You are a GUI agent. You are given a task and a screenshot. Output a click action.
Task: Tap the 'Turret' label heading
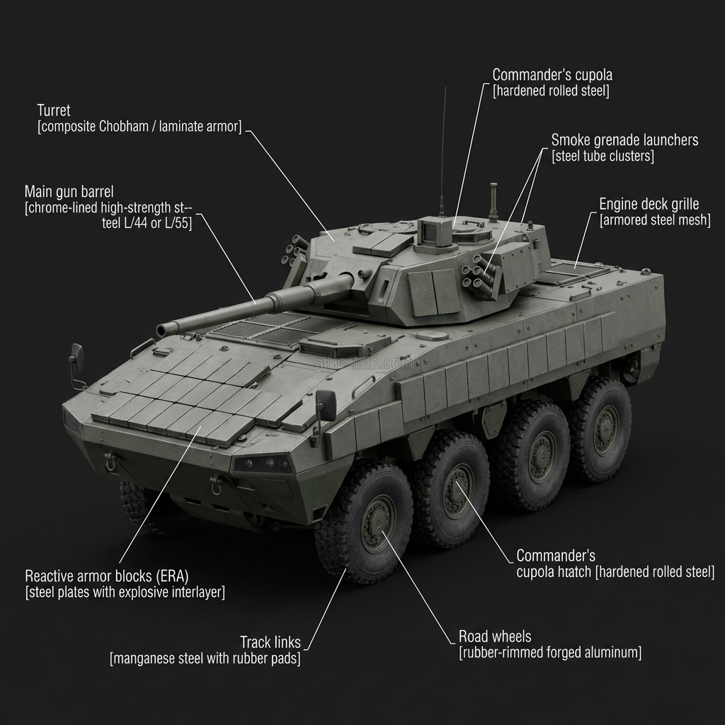click(x=54, y=110)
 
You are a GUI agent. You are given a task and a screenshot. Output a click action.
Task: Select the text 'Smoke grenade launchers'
click(x=624, y=139)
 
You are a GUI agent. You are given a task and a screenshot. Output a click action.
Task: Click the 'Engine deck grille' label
click(x=653, y=204)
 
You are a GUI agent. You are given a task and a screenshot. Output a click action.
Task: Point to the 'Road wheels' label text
click(x=494, y=636)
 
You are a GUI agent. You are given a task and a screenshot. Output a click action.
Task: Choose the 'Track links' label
click(x=270, y=642)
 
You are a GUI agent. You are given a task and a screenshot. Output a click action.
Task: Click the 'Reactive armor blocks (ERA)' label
click(x=107, y=575)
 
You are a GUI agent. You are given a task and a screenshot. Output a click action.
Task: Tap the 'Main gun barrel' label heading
click(x=69, y=191)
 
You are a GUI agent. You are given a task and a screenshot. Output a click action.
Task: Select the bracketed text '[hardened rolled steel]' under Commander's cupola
click(x=551, y=91)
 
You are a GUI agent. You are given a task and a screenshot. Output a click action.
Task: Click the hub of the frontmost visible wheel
click(x=377, y=523)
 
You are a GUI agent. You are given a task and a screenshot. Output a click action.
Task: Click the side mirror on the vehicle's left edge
click(x=76, y=358)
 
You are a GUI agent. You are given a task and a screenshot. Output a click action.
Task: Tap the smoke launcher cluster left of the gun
click(x=297, y=249)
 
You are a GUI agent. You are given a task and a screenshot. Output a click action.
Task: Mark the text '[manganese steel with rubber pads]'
click(x=205, y=658)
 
